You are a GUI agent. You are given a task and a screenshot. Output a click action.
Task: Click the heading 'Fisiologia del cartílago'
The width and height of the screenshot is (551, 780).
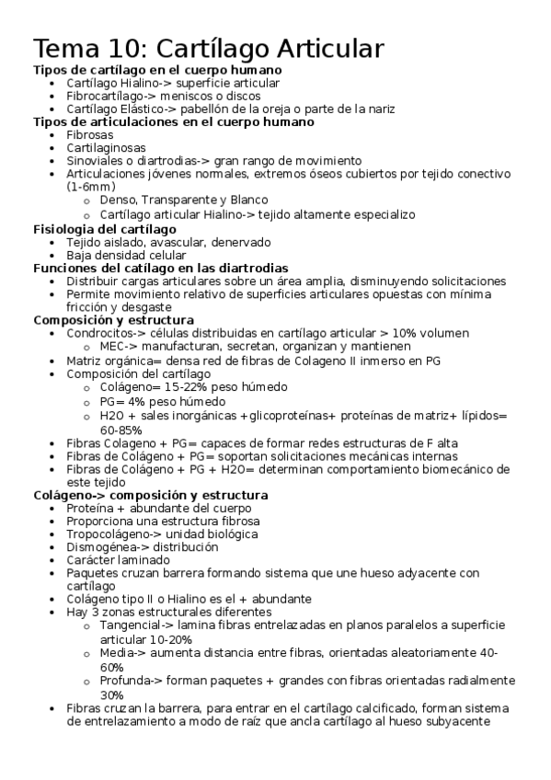pyautogui.click(x=104, y=228)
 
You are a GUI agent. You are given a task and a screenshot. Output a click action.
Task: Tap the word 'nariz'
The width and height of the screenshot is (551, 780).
pyautogui.click(x=375, y=109)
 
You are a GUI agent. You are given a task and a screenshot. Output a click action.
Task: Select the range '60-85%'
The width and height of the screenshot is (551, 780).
pyautogui.click(x=121, y=430)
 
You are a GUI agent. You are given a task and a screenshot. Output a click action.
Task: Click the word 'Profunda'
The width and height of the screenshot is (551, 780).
pyautogui.click(x=127, y=681)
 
